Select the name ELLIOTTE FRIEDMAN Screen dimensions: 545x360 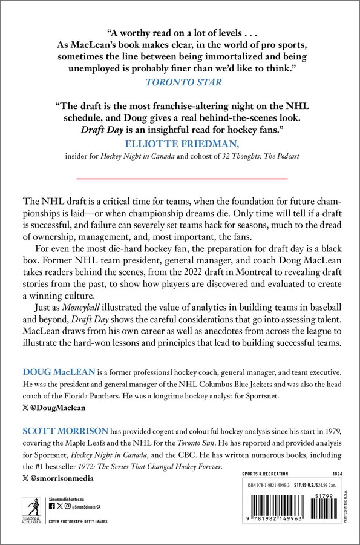[x=179, y=144]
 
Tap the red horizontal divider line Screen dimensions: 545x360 [x=180, y=180]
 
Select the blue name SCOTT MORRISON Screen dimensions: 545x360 [x=58, y=430]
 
